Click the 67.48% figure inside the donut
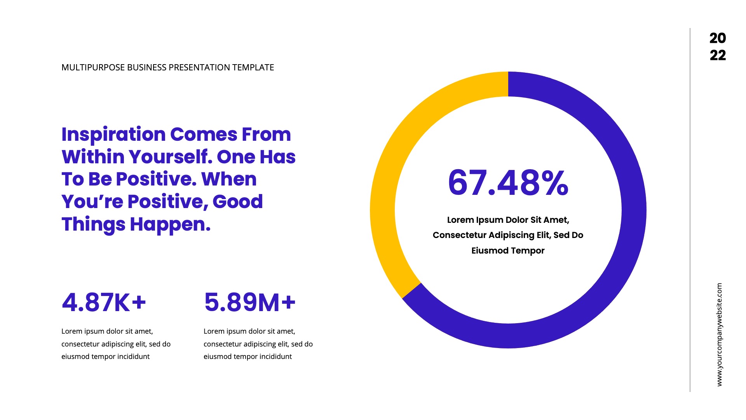pyautogui.click(x=508, y=182)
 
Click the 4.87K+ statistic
pyautogui.click(x=104, y=303)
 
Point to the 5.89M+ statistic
pyautogui.click(x=249, y=303)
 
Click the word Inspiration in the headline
pyautogui.click(x=113, y=135)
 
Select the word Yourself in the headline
pyautogui.click(x=171, y=157)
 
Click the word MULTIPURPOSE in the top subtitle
pyautogui.click(x=93, y=68)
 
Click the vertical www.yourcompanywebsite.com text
pyautogui.click(x=719, y=334)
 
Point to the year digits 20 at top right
pyautogui.click(x=718, y=38)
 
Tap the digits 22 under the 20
pyautogui.click(x=718, y=55)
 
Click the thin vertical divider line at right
pyautogui.click(x=690, y=210)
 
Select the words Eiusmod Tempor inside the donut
pyautogui.click(x=508, y=250)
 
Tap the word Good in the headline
pyautogui.click(x=237, y=202)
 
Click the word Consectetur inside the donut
pyautogui.click(x=459, y=235)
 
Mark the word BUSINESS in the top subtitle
pyautogui.click(x=147, y=68)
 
